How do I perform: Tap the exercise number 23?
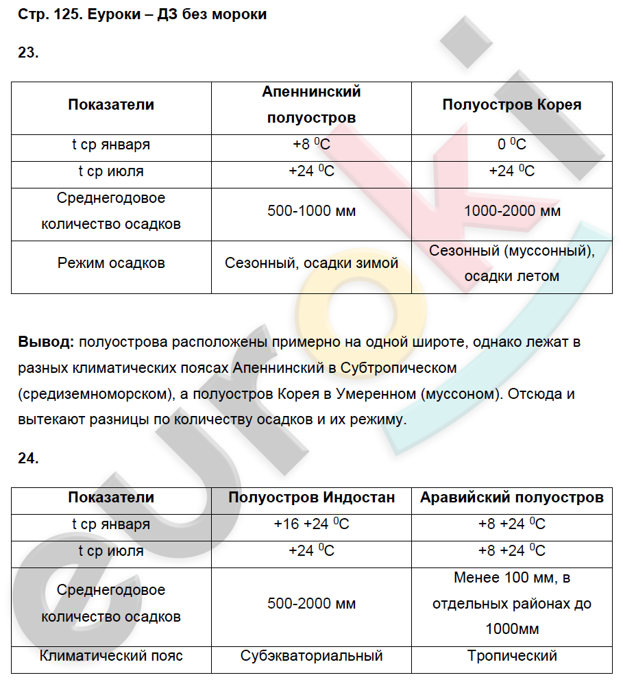(x=28, y=53)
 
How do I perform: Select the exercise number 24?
(x=28, y=459)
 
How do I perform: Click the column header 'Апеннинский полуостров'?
(x=311, y=105)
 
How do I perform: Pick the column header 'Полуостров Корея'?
(x=511, y=105)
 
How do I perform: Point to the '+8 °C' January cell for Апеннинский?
(x=311, y=145)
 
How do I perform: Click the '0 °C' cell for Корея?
(x=511, y=145)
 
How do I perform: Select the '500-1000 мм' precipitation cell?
(x=311, y=211)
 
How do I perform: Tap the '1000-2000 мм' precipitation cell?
(x=511, y=211)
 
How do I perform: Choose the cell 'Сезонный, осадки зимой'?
(x=311, y=263)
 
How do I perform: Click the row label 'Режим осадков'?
(x=111, y=263)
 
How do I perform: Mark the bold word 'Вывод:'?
(x=46, y=341)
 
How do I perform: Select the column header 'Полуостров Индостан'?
(x=311, y=498)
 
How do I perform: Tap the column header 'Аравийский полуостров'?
(x=511, y=498)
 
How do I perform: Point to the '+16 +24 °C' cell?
(x=311, y=524)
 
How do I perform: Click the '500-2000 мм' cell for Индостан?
(x=311, y=604)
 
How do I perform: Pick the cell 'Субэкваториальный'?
(x=311, y=656)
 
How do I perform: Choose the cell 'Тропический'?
(x=511, y=656)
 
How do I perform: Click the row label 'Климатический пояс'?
(x=111, y=656)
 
